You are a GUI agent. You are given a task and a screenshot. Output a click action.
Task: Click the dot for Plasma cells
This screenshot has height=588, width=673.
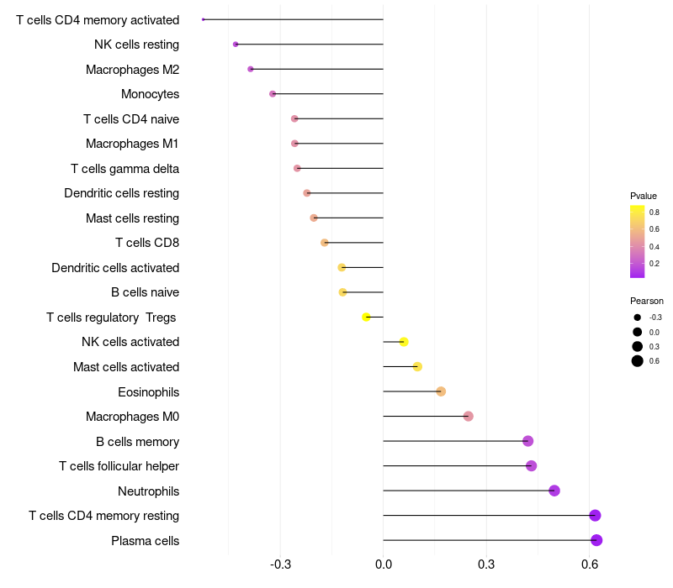pyautogui.click(x=596, y=540)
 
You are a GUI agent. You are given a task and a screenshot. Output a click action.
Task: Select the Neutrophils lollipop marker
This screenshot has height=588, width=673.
pyautogui.click(x=554, y=491)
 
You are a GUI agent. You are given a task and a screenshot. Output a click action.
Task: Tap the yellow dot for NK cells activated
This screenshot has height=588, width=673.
pyautogui.click(x=404, y=342)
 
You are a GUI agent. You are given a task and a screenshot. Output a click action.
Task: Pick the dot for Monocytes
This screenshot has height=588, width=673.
pyautogui.click(x=273, y=94)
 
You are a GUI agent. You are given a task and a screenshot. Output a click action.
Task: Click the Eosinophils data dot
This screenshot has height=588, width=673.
pyautogui.click(x=441, y=391)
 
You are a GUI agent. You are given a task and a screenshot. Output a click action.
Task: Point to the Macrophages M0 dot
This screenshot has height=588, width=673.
pyautogui.click(x=469, y=417)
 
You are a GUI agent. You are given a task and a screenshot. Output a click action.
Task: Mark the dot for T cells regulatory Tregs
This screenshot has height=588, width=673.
pyautogui.click(x=366, y=317)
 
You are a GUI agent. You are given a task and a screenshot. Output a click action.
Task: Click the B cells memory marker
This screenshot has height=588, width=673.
pyautogui.click(x=528, y=441)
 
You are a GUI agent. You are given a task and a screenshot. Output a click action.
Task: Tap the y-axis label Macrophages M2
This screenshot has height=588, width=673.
pyautogui.click(x=132, y=70)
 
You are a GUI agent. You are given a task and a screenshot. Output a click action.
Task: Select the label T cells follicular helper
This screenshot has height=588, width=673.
pyautogui.click(x=119, y=466)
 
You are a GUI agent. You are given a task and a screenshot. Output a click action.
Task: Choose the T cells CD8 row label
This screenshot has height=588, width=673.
pyautogui.click(x=147, y=244)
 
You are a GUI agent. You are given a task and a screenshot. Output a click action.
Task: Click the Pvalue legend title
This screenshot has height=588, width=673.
pyautogui.click(x=644, y=196)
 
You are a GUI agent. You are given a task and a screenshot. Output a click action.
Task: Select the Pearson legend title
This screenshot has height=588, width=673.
pyautogui.click(x=647, y=301)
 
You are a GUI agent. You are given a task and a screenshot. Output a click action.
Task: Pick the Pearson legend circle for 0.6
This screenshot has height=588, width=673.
pyautogui.click(x=638, y=361)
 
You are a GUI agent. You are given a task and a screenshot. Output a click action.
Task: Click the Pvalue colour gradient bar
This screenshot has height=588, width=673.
pyautogui.click(x=638, y=241)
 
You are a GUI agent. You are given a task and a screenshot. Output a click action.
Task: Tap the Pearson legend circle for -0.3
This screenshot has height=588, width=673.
pyautogui.click(x=638, y=318)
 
